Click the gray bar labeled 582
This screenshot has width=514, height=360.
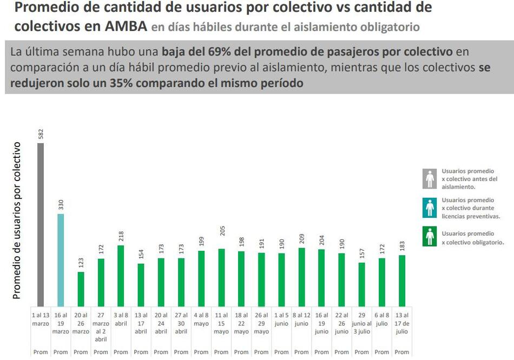(41, 224)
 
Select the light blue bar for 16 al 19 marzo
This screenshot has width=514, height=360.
(61, 259)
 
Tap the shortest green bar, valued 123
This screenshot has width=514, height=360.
(81, 289)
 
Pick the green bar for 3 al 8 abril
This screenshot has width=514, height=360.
(121, 276)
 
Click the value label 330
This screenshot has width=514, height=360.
(61, 205)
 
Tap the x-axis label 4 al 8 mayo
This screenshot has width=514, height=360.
(201, 319)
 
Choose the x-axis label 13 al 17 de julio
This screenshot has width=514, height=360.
(401, 323)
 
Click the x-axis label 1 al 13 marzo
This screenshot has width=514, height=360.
(41, 319)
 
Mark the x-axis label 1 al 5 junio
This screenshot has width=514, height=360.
(281, 319)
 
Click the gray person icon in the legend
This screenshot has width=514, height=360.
(430, 178)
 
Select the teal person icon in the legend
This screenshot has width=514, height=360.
(430, 208)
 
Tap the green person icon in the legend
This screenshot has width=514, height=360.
(430, 237)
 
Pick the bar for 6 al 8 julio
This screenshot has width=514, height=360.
(381, 282)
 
